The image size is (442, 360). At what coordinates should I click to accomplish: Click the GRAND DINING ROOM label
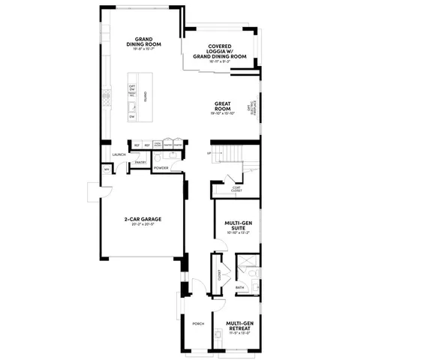145,42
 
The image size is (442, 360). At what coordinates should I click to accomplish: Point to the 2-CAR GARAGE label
143,219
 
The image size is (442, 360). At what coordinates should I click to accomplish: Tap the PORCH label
199,324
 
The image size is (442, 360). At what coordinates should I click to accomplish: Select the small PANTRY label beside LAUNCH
139,162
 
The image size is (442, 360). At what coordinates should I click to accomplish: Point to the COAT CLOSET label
236,189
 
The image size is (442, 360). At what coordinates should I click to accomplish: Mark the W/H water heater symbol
107,170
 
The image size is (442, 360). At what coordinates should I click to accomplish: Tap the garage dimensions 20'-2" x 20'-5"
143,224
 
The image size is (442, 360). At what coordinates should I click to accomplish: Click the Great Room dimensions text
223,113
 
